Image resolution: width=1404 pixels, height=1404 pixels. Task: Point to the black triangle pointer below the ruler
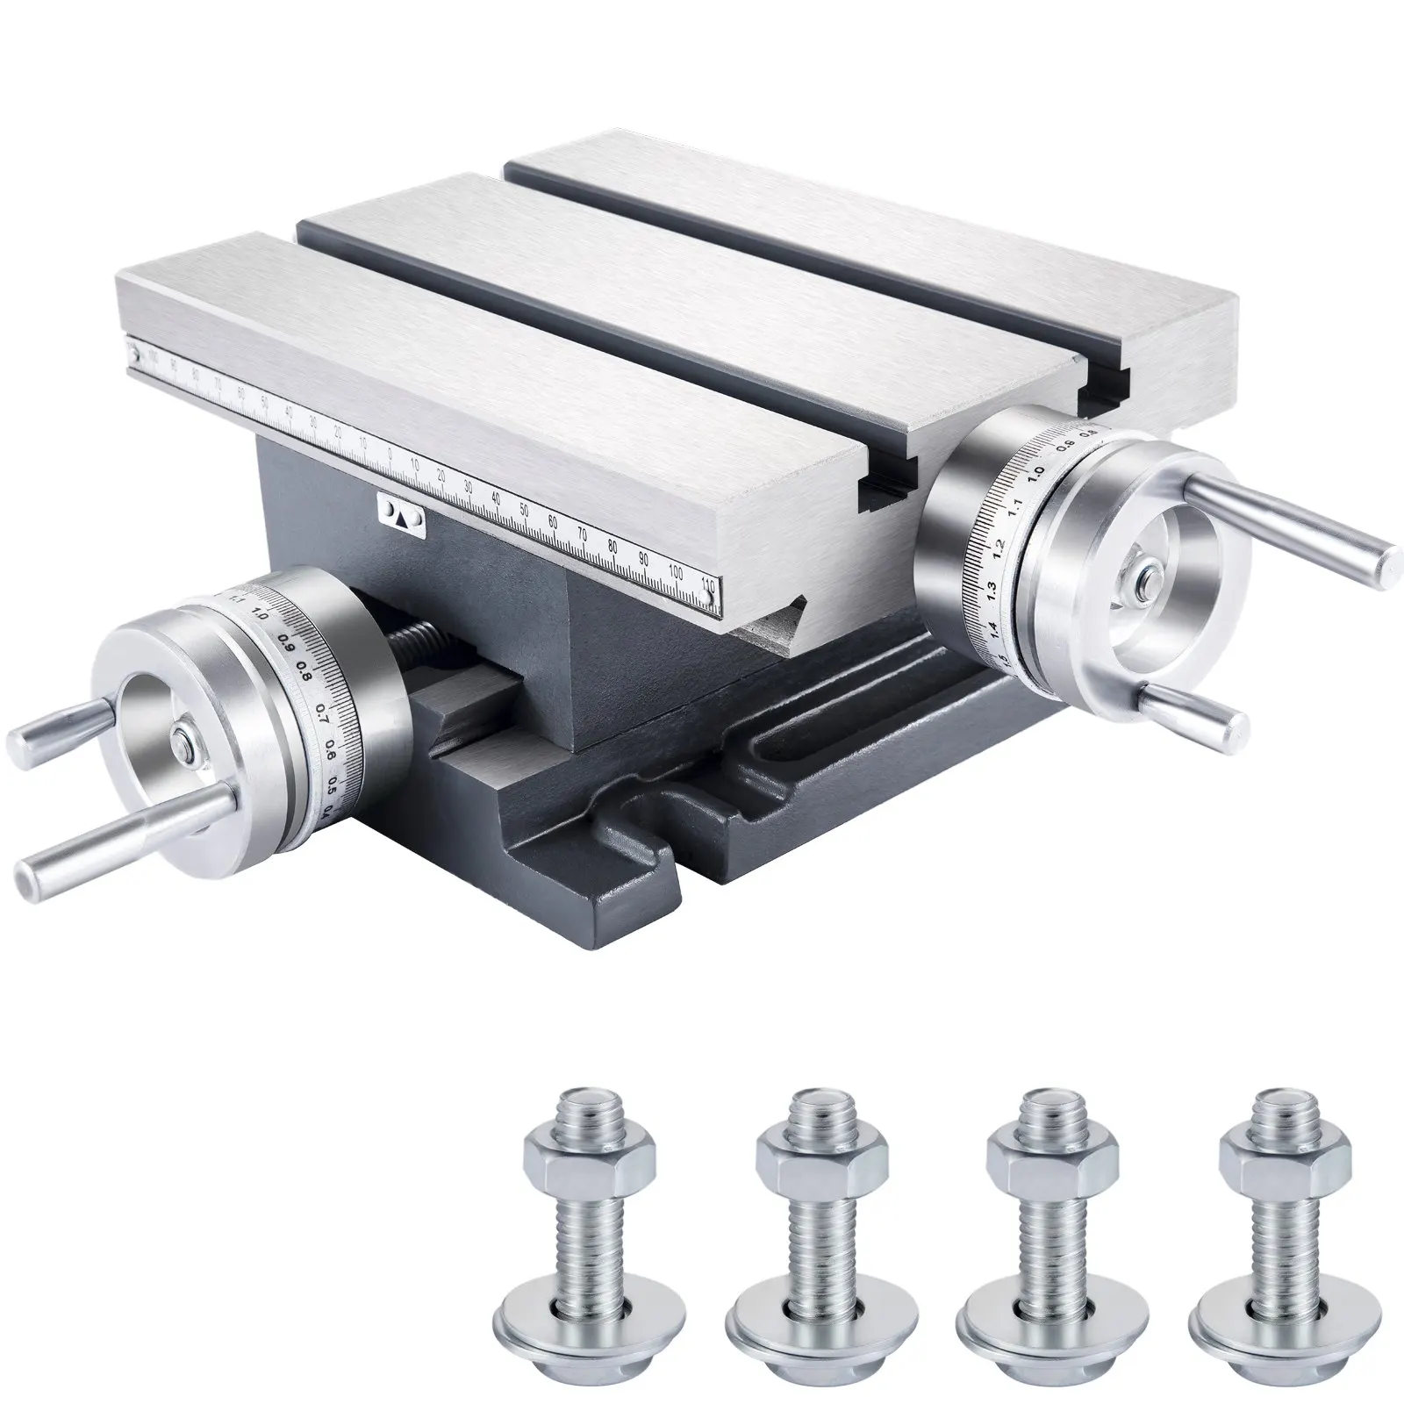point(400,519)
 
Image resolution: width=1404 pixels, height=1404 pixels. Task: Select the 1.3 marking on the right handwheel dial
point(990,588)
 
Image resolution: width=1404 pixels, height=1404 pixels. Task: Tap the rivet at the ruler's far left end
point(133,356)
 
